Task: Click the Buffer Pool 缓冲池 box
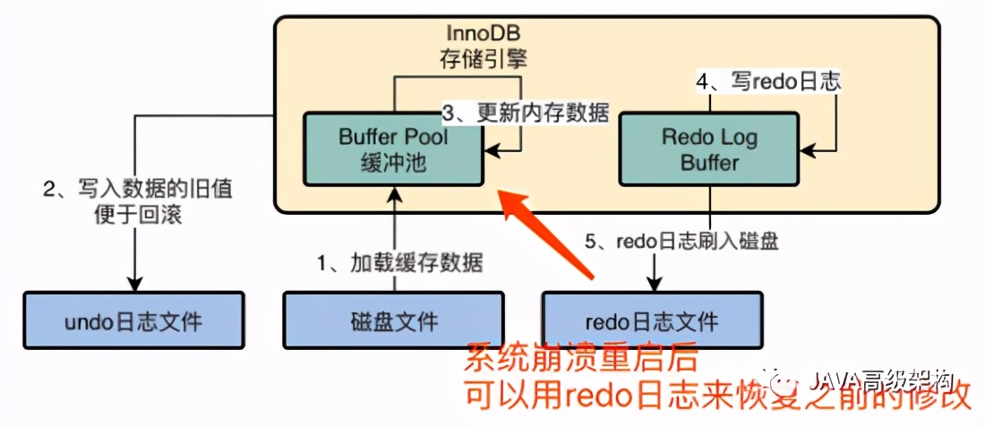point(393,149)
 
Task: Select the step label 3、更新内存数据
point(527,114)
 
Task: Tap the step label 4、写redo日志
point(768,81)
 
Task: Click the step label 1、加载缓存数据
point(400,263)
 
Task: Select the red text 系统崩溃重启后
point(579,361)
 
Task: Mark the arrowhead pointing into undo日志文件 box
point(134,282)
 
